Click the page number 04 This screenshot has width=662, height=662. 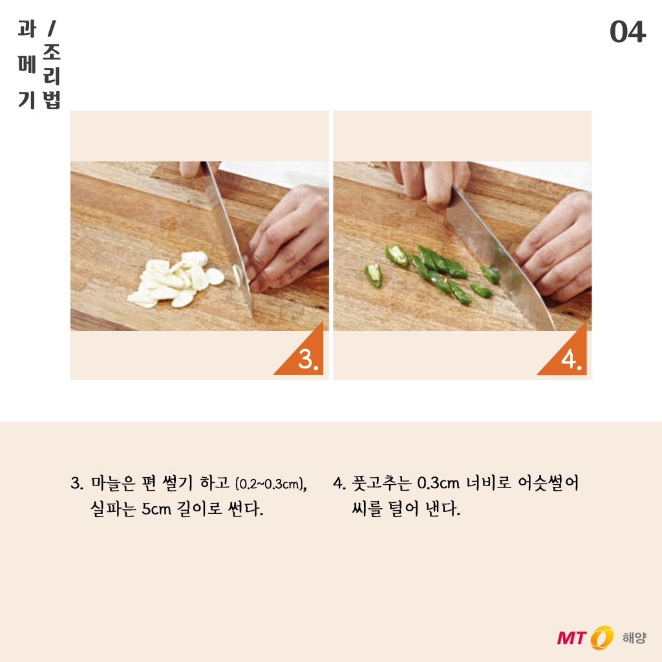click(627, 32)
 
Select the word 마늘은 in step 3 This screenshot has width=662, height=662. click(112, 483)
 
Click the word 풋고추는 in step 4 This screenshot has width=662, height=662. click(381, 483)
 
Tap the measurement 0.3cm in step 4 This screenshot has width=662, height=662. click(438, 484)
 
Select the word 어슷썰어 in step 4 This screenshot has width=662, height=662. click(548, 483)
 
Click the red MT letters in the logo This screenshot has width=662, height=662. click(571, 637)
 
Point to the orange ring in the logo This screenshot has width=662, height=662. click(601, 637)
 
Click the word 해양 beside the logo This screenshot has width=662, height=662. click(634, 637)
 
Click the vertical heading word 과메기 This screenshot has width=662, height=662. click(27, 64)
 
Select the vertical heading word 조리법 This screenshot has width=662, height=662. click(52, 76)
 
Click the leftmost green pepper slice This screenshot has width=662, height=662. click(373, 274)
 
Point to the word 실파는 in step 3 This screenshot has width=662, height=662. click(112, 509)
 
